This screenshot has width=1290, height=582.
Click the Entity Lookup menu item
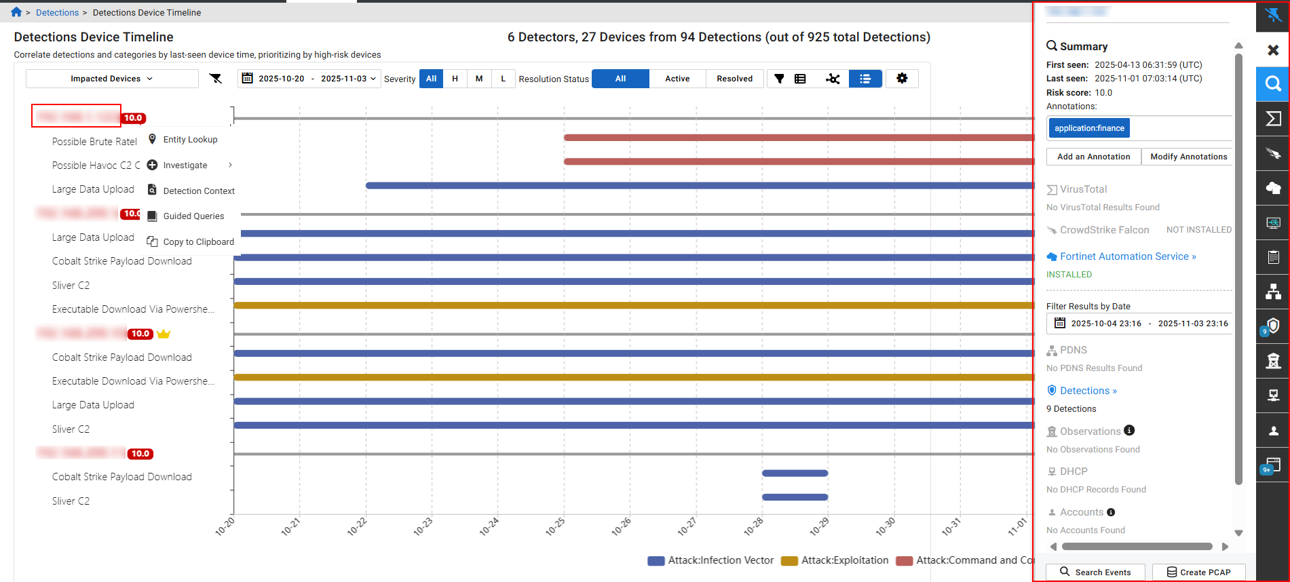click(x=190, y=140)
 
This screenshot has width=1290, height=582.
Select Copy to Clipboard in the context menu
click(x=198, y=242)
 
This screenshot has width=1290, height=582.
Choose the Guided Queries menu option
click(x=193, y=216)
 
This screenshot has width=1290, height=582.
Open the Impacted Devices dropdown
click(x=112, y=79)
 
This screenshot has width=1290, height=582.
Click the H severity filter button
click(x=455, y=79)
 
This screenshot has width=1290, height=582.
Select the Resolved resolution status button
click(x=734, y=79)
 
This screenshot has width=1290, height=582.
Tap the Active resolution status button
click(x=677, y=79)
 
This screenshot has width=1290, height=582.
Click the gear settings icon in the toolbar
click(x=902, y=79)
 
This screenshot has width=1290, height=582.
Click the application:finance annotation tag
click(x=1088, y=128)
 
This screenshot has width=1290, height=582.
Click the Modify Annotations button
click(x=1188, y=157)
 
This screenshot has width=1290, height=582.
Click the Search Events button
click(x=1095, y=572)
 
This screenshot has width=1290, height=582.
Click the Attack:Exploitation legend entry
click(x=844, y=560)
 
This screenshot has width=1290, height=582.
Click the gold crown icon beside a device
click(x=164, y=334)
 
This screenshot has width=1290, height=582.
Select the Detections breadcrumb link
click(x=57, y=13)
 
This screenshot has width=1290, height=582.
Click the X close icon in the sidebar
click(x=1273, y=50)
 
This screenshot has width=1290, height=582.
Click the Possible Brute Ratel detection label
click(x=94, y=142)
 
